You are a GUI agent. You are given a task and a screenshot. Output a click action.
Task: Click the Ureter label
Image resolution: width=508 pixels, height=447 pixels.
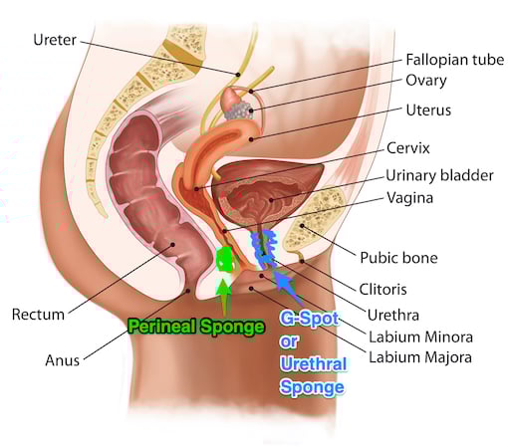click(x=55, y=40)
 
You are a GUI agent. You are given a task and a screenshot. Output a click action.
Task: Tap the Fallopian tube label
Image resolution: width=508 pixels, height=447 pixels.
click(x=455, y=60)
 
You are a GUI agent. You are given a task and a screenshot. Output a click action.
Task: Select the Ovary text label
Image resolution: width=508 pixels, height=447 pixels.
click(x=426, y=81)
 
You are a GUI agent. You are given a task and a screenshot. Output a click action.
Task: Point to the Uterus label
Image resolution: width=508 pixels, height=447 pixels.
click(x=428, y=111)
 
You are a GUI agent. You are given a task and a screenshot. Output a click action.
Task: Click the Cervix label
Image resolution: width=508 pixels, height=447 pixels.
click(x=408, y=148)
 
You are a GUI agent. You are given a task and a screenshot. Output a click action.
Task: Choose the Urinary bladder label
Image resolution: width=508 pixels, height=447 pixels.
click(x=439, y=175)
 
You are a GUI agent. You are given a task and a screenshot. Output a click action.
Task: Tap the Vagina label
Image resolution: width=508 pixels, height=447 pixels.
click(x=410, y=198)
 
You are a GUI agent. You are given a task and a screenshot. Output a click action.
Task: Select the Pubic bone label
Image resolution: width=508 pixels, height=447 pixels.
click(x=398, y=258)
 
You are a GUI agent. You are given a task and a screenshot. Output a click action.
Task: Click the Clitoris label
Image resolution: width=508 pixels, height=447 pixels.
click(x=382, y=290)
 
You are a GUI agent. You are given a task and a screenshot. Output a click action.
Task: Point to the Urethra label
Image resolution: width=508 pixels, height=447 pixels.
click(x=393, y=316)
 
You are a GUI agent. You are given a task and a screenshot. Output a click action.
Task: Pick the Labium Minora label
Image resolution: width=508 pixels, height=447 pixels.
click(x=420, y=337)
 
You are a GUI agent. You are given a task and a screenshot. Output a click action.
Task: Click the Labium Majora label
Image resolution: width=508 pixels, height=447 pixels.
click(x=420, y=357)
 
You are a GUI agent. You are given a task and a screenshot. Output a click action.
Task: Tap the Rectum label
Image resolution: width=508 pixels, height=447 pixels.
click(x=38, y=315)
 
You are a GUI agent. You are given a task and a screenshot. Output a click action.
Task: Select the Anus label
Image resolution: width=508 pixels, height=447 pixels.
click(x=63, y=360)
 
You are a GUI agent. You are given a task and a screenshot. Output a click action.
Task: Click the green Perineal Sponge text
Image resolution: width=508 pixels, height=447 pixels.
click(x=196, y=327)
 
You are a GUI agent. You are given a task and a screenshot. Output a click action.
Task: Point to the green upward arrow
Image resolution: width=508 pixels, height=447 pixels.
click(x=224, y=297)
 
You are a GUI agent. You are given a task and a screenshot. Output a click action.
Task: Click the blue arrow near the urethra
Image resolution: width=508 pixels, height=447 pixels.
click(x=288, y=288)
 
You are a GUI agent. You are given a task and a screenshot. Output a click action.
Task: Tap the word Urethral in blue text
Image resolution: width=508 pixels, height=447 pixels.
click(x=314, y=363)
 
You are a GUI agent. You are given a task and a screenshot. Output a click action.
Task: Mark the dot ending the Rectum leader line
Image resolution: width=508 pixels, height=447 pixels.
click(x=172, y=245)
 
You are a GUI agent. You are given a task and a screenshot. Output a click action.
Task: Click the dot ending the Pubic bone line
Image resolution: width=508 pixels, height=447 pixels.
click(x=302, y=226)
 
